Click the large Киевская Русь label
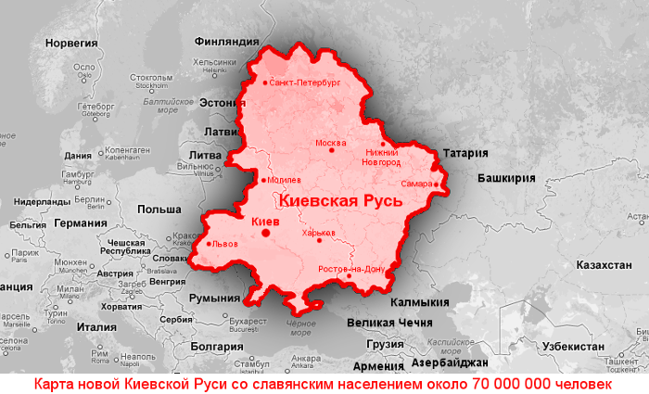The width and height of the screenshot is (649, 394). pyautogui.click(x=340, y=200)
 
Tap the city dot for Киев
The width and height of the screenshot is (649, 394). pyautogui.click(x=266, y=233)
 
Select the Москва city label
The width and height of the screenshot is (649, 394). pyautogui.click(x=331, y=143)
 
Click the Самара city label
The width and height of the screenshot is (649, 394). pyautogui.click(x=416, y=184)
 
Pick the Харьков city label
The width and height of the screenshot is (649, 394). pyautogui.click(x=317, y=234)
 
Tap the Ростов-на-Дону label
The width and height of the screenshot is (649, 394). pyautogui.click(x=351, y=268)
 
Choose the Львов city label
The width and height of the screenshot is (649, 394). pyautogui.click(x=225, y=244)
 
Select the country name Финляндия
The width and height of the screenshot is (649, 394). pyautogui.click(x=226, y=42)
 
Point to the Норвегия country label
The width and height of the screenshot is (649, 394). pyautogui.click(x=71, y=44)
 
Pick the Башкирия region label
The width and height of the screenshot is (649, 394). pyautogui.click(x=506, y=177)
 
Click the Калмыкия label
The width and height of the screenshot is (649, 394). pyautogui.click(x=419, y=302)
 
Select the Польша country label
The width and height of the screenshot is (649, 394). pyautogui.click(x=159, y=210)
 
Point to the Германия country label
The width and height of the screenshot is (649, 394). pyautogui.click(x=81, y=222)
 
